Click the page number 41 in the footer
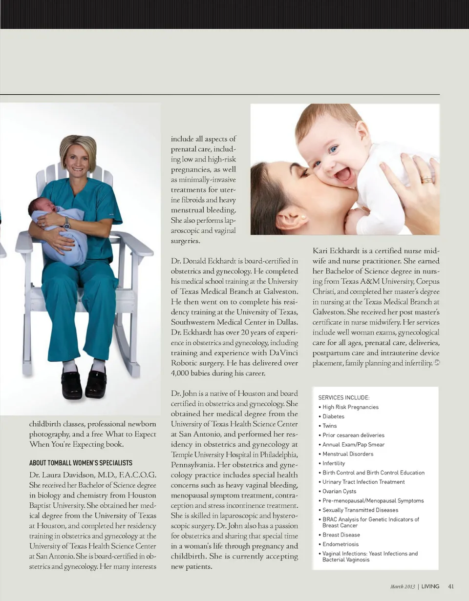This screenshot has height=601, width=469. coord(451,586)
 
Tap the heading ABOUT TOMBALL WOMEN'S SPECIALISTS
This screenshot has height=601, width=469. coord(81,463)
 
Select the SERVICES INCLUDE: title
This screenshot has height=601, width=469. coord(343,397)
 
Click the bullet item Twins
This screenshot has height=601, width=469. coord(330,426)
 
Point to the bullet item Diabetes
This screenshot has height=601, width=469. coord(333,416)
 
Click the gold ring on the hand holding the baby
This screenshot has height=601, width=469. coord(426,180)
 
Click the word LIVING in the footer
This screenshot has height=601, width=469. coord(430,586)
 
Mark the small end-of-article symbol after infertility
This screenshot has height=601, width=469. coord(437,363)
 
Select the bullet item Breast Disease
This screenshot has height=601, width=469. coord(341,535)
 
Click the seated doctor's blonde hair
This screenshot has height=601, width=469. coord(78,146)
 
